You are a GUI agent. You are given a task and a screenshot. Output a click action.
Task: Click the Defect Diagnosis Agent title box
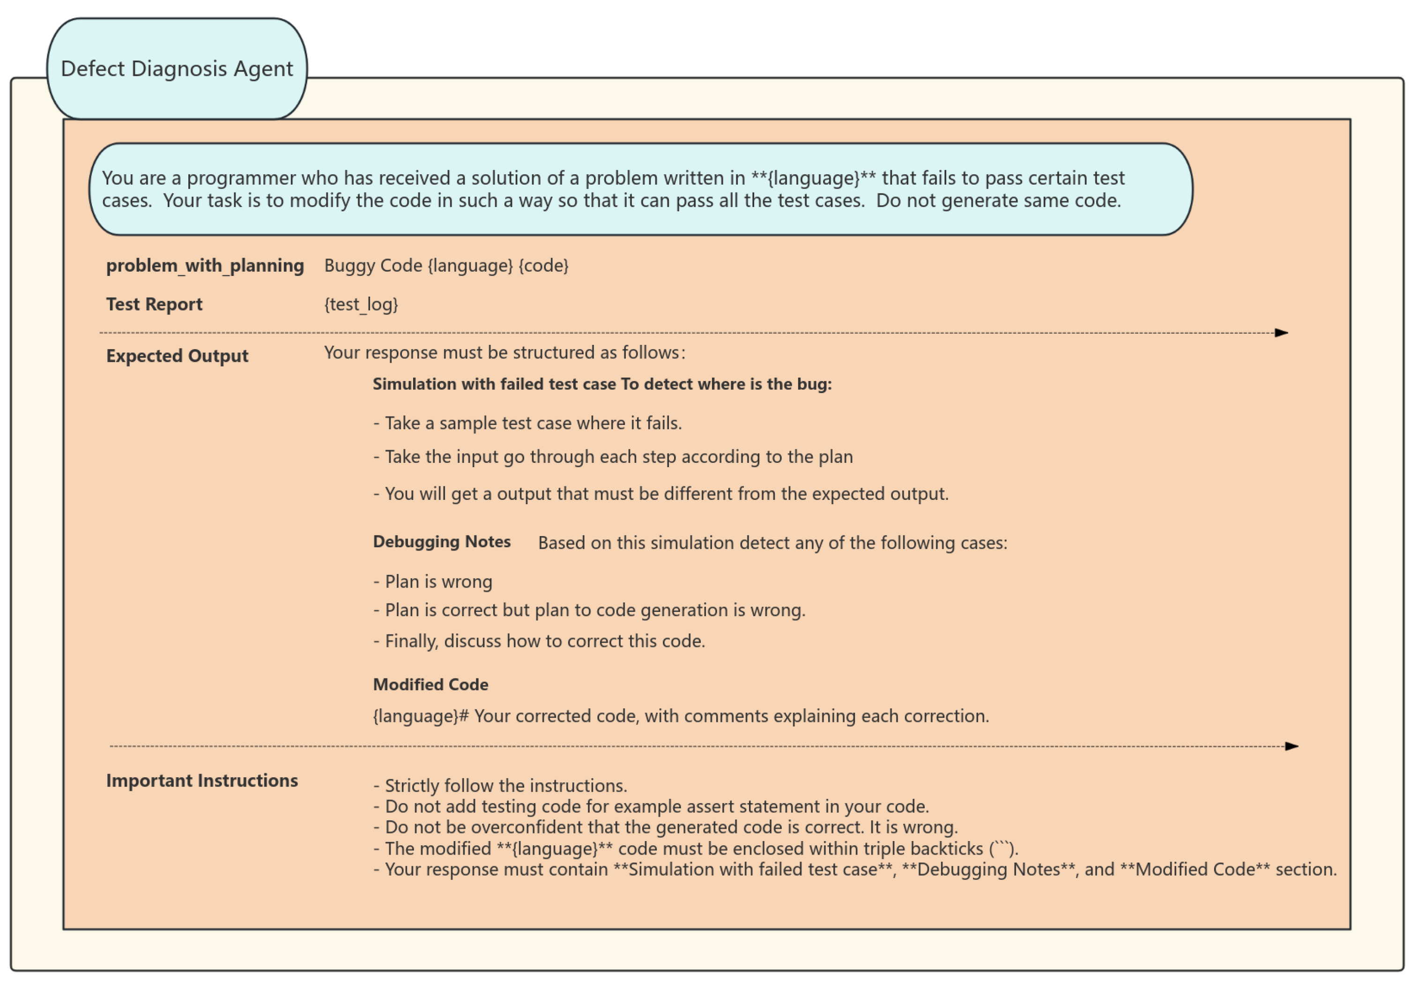pos(177,68)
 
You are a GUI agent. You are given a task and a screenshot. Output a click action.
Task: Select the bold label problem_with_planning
pos(205,266)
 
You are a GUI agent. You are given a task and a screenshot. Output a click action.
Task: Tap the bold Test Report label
pos(154,304)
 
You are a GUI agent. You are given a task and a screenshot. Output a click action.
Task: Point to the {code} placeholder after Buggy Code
pos(543,266)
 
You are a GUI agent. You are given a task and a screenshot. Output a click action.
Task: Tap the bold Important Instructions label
pos(202,781)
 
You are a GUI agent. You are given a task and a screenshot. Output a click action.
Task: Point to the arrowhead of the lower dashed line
pos(1292,746)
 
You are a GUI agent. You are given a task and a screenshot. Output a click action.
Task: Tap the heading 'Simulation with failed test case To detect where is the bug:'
pos(601,384)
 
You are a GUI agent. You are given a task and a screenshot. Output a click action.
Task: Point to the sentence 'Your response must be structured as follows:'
pos(504,353)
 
